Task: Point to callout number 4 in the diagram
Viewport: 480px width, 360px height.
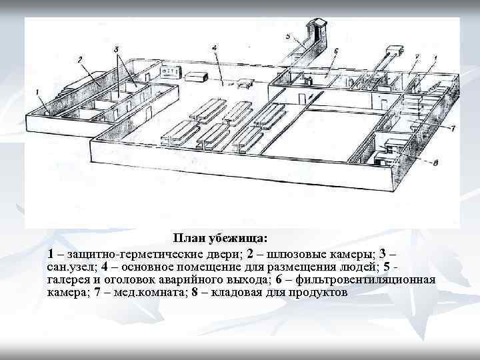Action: click(214, 49)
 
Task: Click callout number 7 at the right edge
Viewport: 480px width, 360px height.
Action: click(453, 127)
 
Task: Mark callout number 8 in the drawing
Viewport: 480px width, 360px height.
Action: click(434, 161)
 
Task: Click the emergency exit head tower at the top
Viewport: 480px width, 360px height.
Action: click(317, 27)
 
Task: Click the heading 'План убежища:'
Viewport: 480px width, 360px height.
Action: click(220, 238)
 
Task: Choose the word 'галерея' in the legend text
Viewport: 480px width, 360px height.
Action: click(70, 279)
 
